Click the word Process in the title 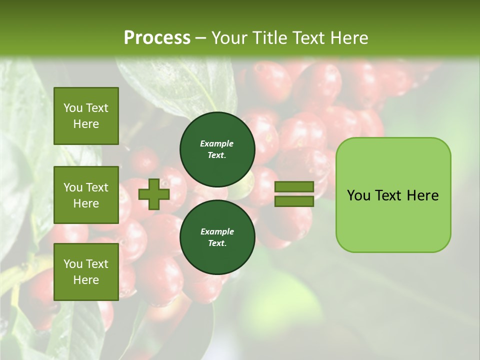tap(157, 38)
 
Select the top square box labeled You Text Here tap(86, 116)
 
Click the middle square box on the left tap(86, 195)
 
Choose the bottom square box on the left tap(86, 272)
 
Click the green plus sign tap(154, 194)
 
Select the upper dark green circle tap(217, 149)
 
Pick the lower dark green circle tap(217, 237)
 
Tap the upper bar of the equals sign tap(294, 187)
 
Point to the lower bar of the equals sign tap(294, 201)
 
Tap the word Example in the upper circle tap(217, 143)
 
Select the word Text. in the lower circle tap(217, 243)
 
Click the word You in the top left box tap(73, 108)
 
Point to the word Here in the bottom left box tap(86, 280)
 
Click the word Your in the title tap(229, 38)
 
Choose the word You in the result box tap(358, 195)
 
